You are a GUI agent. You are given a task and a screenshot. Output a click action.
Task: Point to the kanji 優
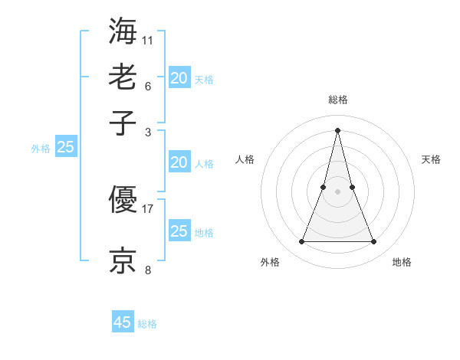[123, 201]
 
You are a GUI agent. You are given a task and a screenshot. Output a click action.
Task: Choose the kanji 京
[123, 259]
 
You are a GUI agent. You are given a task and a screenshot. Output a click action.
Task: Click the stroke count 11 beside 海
[148, 38]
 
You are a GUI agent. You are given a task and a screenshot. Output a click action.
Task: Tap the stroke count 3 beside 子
[148, 132]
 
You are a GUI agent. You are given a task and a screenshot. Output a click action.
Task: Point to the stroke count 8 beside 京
[148, 269]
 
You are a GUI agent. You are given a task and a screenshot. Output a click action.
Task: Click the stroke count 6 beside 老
[148, 85]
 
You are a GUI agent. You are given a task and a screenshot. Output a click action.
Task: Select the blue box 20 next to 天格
[179, 78]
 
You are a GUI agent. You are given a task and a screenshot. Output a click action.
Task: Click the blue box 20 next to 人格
[179, 162]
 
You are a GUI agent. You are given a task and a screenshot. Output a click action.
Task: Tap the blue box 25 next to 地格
[179, 231]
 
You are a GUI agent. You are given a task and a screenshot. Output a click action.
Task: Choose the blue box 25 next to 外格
[65, 148]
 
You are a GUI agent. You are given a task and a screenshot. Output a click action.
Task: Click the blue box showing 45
[122, 322]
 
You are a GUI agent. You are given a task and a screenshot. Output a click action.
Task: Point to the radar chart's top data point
[337, 129]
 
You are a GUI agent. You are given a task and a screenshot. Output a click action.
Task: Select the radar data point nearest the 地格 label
[374, 242]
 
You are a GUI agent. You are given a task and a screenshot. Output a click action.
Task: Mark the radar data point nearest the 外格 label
[301, 242]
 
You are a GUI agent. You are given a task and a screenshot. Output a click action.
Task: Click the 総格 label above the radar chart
[337, 100]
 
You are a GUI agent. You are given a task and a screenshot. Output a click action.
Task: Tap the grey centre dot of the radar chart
[337, 191]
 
